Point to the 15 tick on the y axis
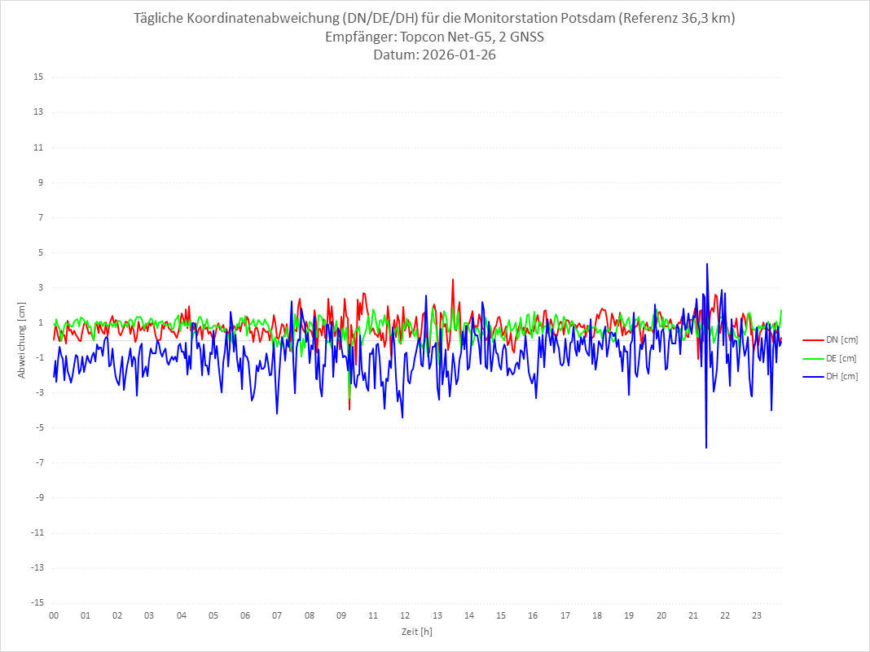click(x=38, y=77)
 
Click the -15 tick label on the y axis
click(x=37, y=602)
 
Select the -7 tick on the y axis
click(x=38, y=462)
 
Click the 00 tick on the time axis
click(x=54, y=615)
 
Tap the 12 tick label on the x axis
click(x=405, y=615)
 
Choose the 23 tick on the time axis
click(x=757, y=615)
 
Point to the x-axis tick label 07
click(x=277, y=615)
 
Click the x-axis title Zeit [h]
click(x=417, y=631)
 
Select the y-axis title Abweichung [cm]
click(x=22, y=340)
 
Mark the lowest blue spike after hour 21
click(x=706, y=447)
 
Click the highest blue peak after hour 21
click(x=707, y=264)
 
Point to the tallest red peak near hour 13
click(x=453, y=279)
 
